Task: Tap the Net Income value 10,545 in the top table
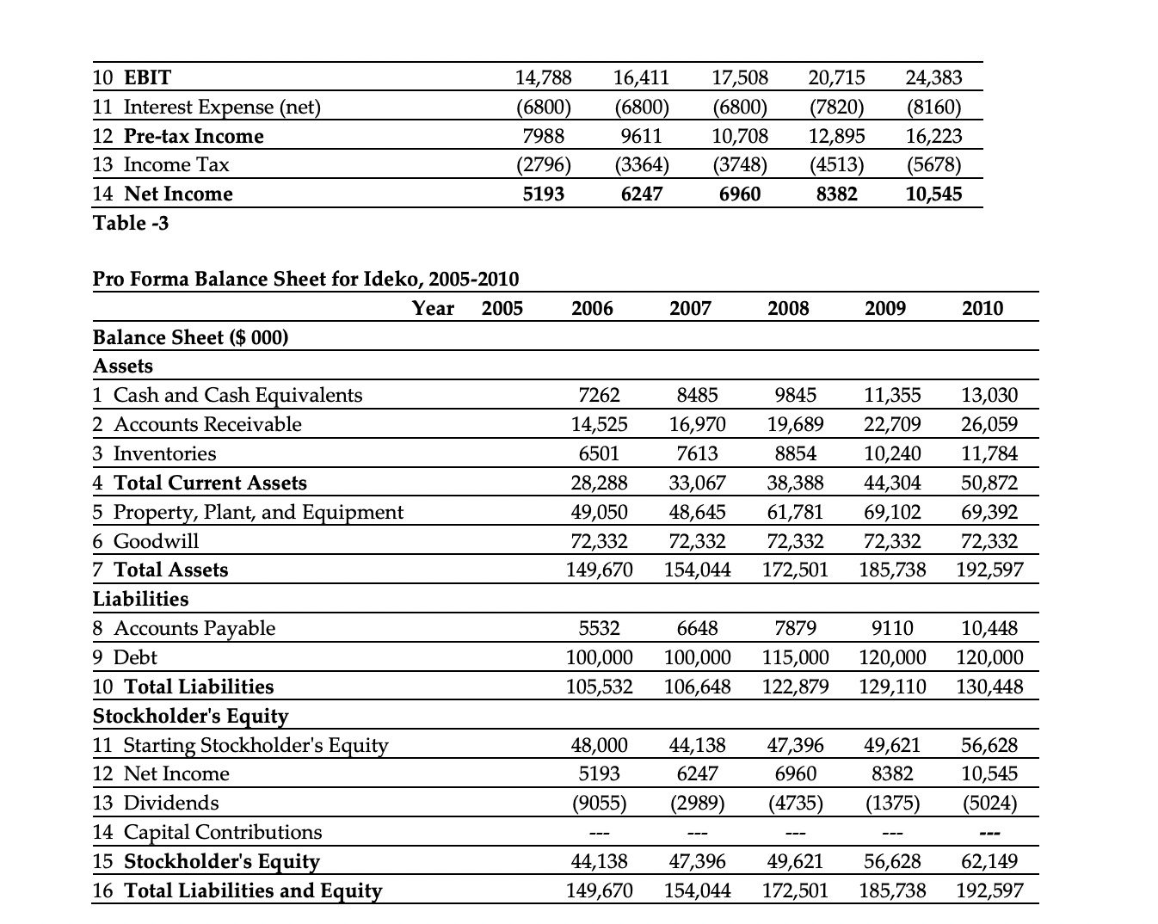(933, 194)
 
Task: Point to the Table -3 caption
(131, 223)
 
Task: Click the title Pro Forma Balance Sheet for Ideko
(305, 279)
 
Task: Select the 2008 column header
(788, 308)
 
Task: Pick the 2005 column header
(502, 308)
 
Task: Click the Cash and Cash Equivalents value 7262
(600, 395)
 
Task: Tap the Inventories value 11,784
(989, 453)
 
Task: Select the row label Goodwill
(156, 541)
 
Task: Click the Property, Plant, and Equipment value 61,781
(795, 512)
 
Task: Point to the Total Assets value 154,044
(698, 570)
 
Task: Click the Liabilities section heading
(140, 599)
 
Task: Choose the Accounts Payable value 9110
(892, 628)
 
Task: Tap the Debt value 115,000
(795, 657)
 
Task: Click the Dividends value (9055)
(600, 803)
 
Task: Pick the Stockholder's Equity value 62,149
(989, 861)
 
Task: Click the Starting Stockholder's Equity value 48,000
(600, 744)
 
